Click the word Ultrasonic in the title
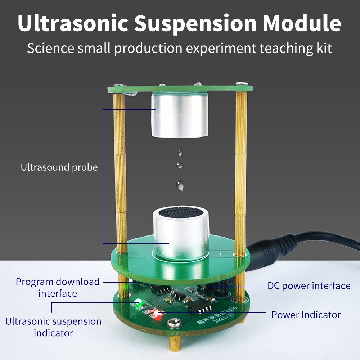point(73,23)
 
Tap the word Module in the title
point(302,23)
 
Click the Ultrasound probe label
point(59,167)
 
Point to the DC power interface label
point(309,286)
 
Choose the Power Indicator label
point(306,315)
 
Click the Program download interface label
point(58,287)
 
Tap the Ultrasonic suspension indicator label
point(53,327)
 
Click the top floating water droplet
point(179,153)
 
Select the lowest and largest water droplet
point(180,185)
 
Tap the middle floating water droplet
point(180,165)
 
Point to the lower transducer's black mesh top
point(181,212)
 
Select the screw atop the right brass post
point(242,84)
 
